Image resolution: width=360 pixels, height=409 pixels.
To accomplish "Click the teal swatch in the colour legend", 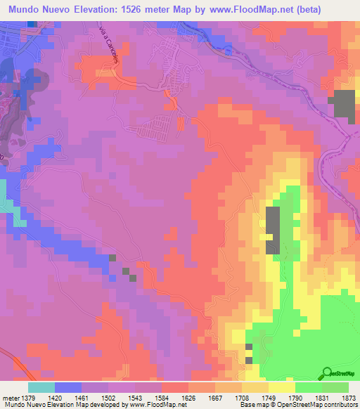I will (x=41, y=387).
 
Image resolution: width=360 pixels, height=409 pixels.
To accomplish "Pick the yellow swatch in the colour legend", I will (x=281, y=387).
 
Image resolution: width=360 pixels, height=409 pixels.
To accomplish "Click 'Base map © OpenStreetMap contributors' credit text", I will (x=297, y=405).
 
